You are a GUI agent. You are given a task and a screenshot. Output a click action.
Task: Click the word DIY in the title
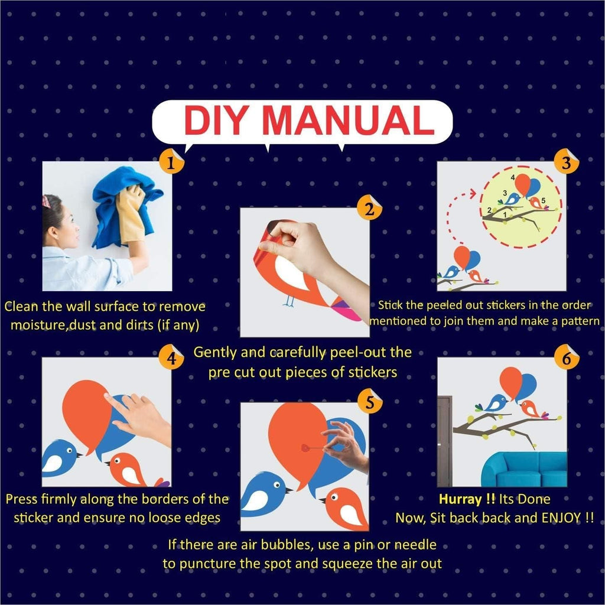click(215, 120)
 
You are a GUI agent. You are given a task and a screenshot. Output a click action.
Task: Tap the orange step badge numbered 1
click(171, 162)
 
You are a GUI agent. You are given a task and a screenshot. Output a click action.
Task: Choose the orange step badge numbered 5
click(370, 402)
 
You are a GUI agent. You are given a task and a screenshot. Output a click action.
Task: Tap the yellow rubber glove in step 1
click(131, 214)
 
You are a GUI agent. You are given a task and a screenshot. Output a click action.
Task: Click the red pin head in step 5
click(305, 448)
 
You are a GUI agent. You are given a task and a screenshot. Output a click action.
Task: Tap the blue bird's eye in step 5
click(277, 484)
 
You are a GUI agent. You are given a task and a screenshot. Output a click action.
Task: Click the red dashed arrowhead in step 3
click(473, 193)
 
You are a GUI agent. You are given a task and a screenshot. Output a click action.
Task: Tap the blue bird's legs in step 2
click(288, 302)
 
